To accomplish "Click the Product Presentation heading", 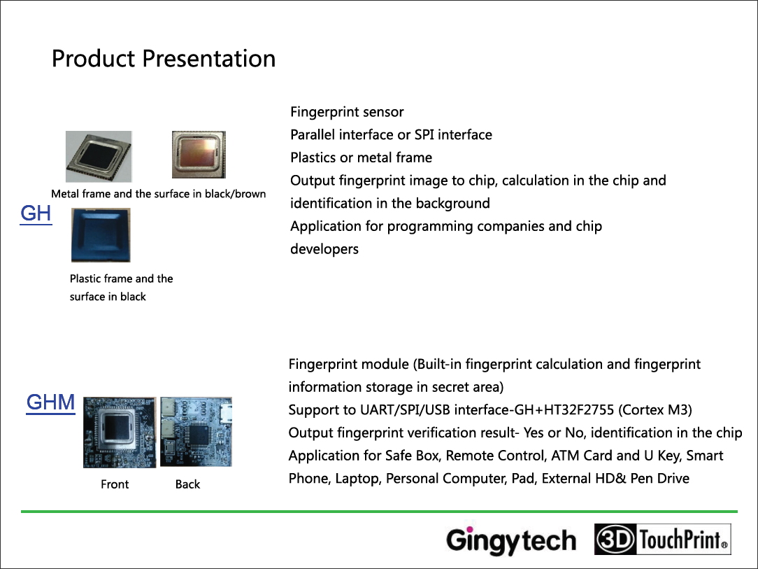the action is [x=164, y=59].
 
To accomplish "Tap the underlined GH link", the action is [x=36, y=214].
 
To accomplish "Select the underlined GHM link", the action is [x=51, y=402].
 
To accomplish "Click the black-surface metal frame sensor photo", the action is [x=99, y=156].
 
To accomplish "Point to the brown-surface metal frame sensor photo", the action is [x=199, y=155].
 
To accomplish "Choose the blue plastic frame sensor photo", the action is [x=101, y=235].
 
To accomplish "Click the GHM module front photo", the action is [x=120, y=432].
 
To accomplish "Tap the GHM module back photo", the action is [x=196, y=432].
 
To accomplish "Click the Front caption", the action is [x=115, y=484].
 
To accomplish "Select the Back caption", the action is [x=187, y=484].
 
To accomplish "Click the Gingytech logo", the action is [x=511, y=540].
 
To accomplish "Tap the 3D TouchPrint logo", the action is [x=662, y=539].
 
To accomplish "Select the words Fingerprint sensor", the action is [x=347, y=112].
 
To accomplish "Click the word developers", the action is [x=324, y=249].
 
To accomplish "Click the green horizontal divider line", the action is [x=379, y=512].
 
